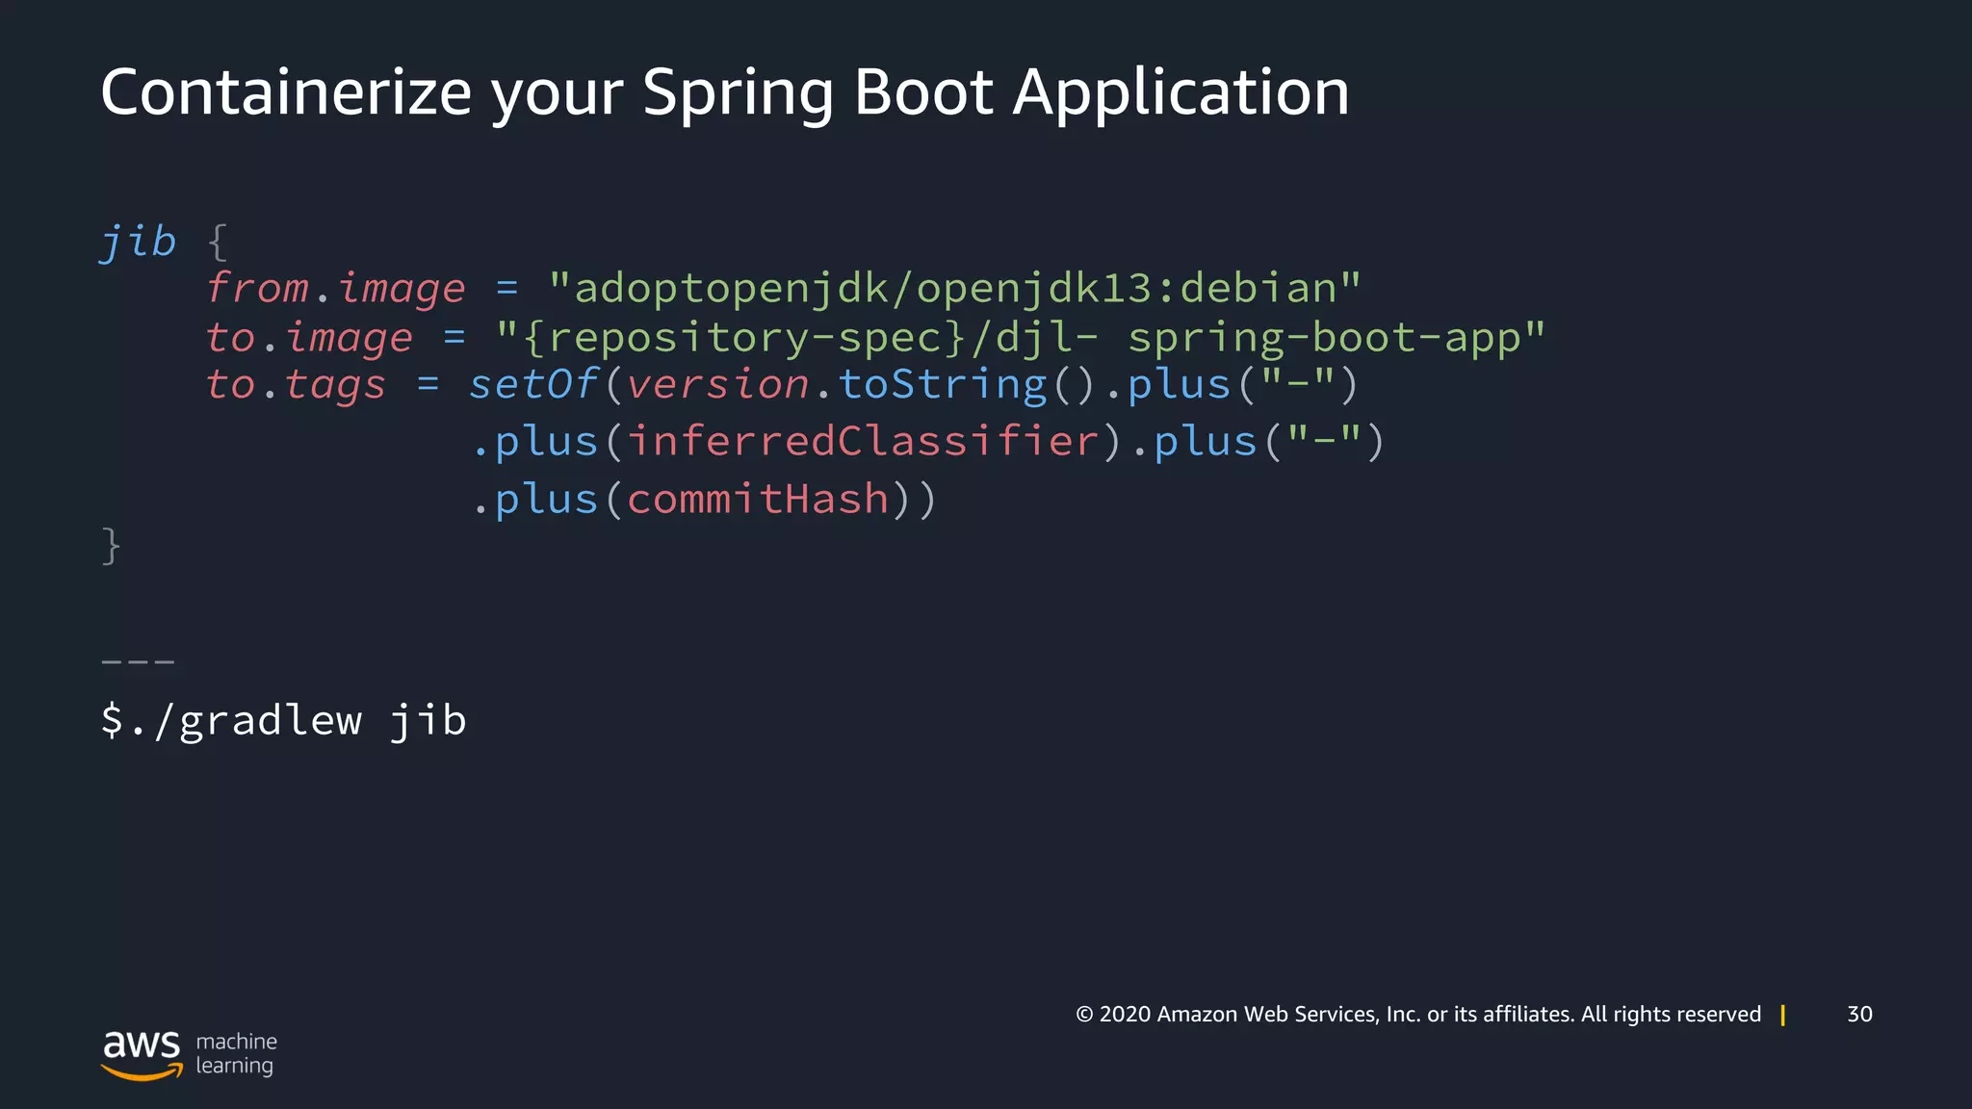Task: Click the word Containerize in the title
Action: point(286,92)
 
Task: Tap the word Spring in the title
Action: point(738,94)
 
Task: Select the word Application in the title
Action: point(1181,94)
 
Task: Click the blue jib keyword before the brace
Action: point(139,242)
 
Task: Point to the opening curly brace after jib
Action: point(219,242)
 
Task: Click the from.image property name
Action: point(336,289)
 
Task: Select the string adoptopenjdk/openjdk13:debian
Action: point(953,289)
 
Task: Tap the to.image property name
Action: point(309,338)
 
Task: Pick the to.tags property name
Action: point(296,385)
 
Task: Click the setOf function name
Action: point(533,385)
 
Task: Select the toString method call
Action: point(942,385)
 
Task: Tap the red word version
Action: point(717,385)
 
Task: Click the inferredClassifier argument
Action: point(863,442)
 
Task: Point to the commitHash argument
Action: point(758,500)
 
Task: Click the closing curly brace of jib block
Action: point(111,546)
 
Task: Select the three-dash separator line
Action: point(138,662)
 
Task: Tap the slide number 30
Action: point(1859,1014)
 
